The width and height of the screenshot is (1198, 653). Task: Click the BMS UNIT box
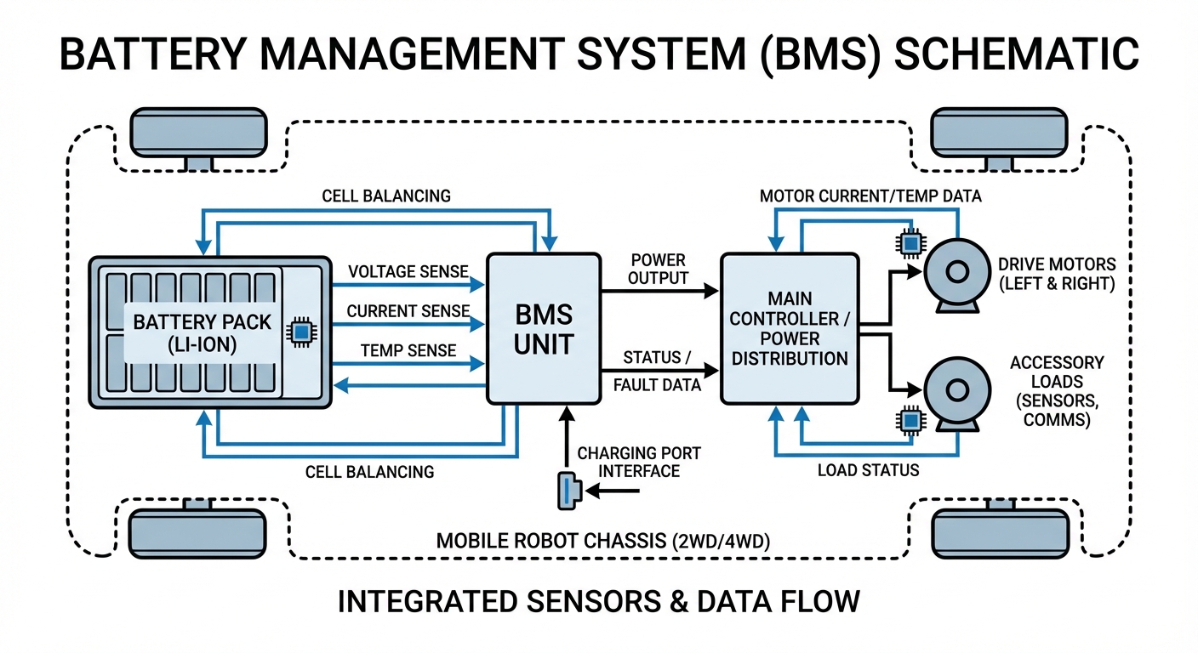click(x=544, y=328)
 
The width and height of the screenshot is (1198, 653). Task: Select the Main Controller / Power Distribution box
click(x=789, y=328)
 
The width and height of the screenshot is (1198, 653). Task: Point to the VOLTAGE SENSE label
click(x=408, y=271)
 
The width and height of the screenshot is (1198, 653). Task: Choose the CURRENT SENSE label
click(x=408, y=311)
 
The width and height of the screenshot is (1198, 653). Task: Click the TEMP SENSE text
click(x=408, y=350)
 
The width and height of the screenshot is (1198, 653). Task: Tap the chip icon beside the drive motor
click(x=910, y=244)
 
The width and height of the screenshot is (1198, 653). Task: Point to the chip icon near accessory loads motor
click(x=910, y=420)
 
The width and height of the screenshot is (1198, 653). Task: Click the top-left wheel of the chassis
click(x=197, y=132)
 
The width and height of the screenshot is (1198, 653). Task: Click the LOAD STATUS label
click(x=868, y=469)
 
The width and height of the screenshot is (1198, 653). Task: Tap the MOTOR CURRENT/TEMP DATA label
click(x=869, y=196)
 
